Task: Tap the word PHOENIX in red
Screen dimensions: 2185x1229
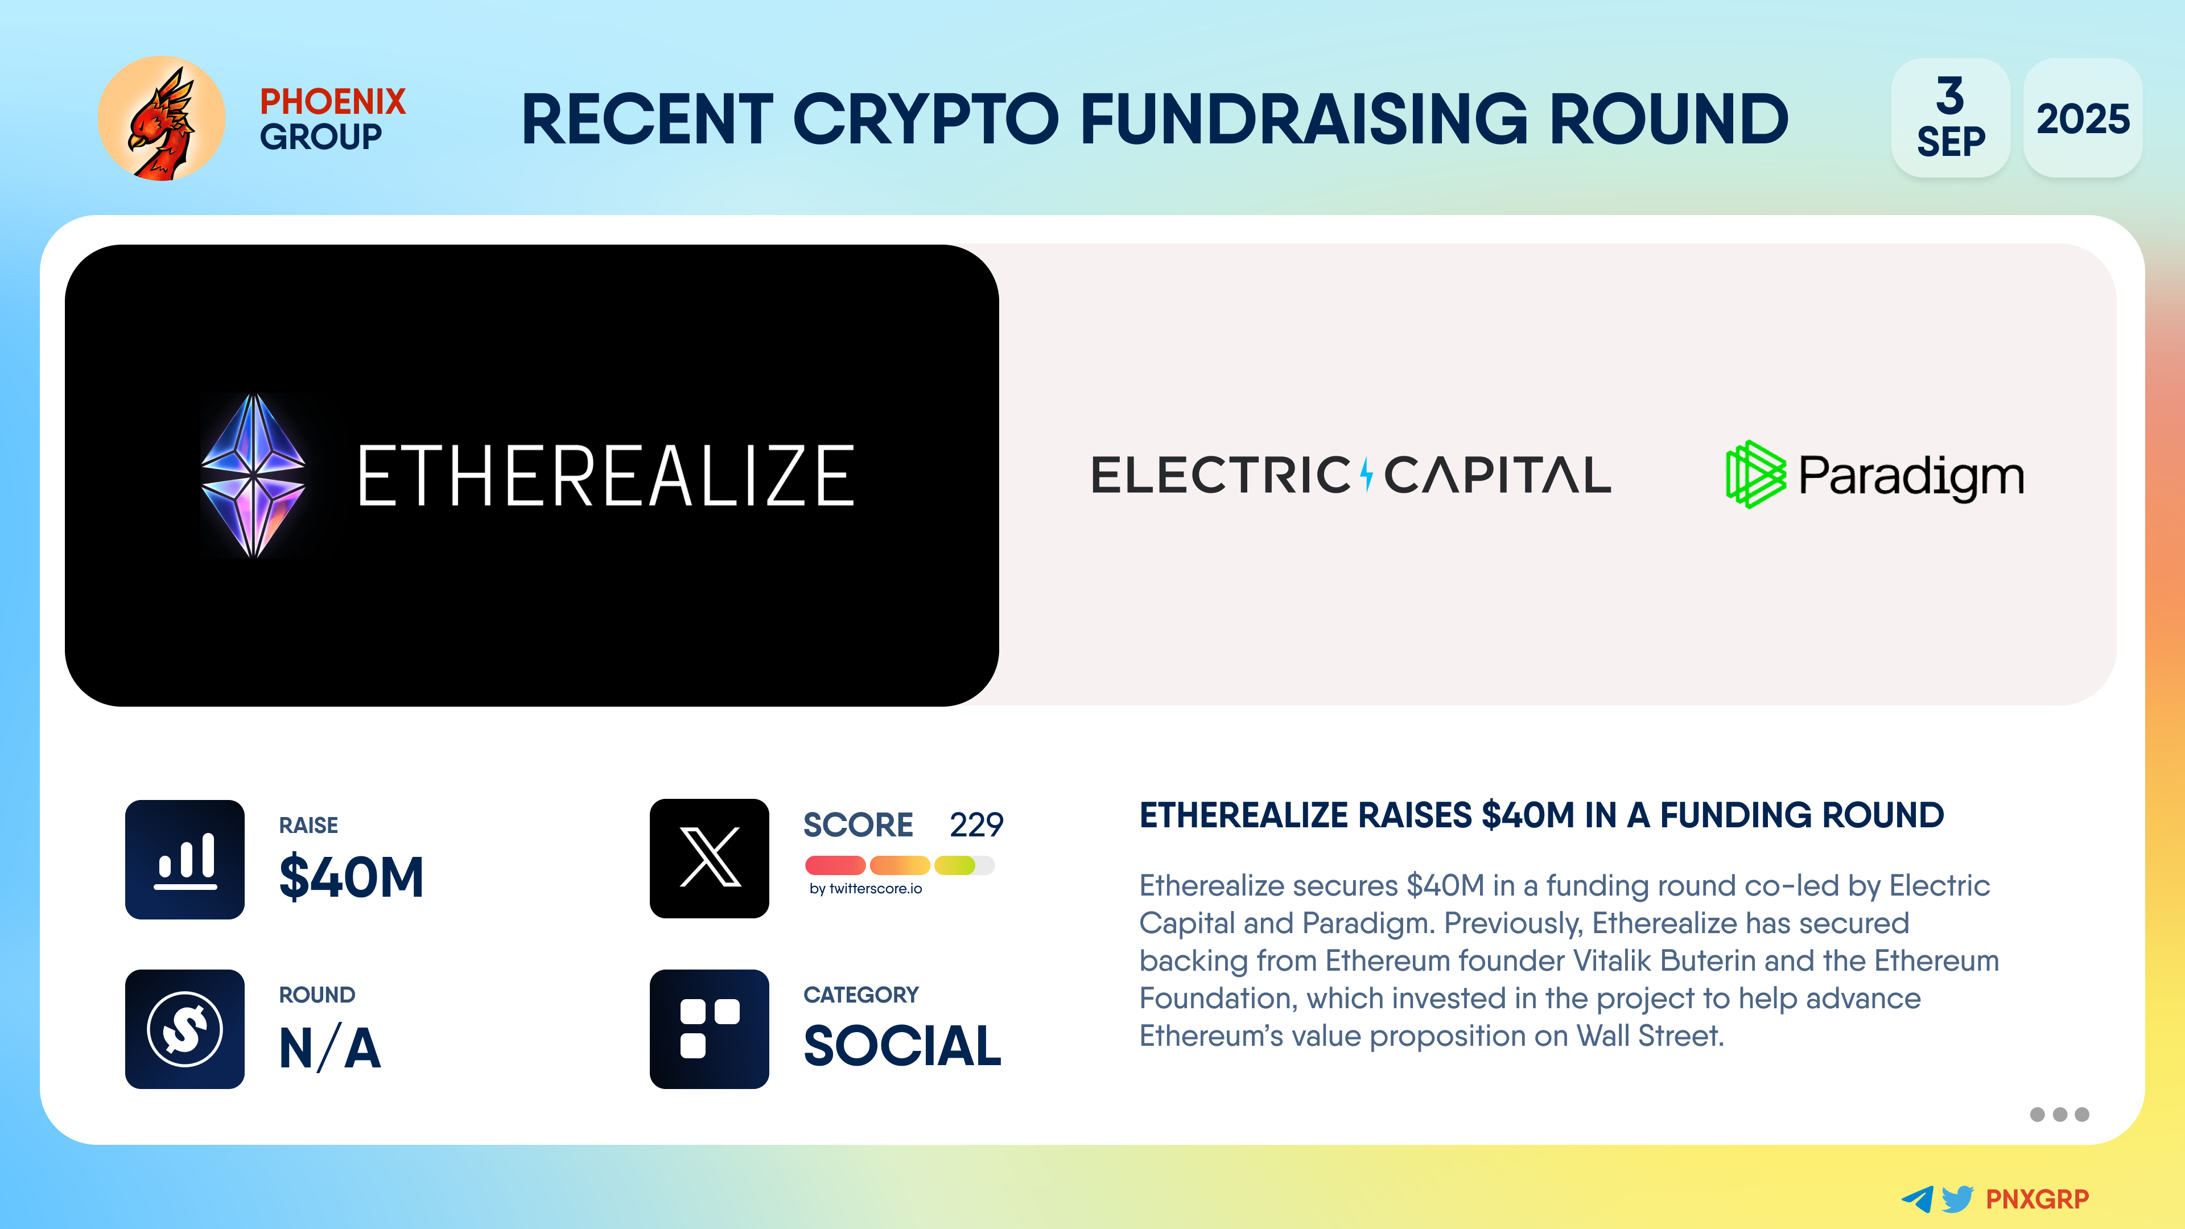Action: (x=332, y=102)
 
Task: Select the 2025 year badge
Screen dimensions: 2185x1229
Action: (x=2083, y=118)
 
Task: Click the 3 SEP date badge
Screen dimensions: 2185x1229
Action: (x=1950, y=118)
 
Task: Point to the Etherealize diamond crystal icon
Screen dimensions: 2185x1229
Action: (x=253, y=475)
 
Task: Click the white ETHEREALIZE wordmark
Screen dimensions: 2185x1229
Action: (x=605, y=476)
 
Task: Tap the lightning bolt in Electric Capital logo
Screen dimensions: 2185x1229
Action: (x=1366, y=474)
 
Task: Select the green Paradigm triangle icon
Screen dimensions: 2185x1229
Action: (x=1755, y=474)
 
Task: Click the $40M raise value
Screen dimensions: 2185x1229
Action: (x=351, y=877)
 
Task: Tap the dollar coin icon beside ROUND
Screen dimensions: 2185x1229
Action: (x=185, y=1029)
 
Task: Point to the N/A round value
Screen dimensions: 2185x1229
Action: (x=330, y=1047)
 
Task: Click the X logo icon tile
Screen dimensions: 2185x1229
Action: (x=709, y=859)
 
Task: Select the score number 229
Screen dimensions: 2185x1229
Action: (x=976, y=824)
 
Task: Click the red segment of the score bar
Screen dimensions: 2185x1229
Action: (x=835, y=865)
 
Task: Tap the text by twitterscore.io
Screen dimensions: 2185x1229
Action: (x=865, y=889)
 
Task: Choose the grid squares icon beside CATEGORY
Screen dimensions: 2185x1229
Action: (x=709, y=1029)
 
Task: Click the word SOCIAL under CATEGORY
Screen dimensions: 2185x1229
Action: (x=902, y=1046)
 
